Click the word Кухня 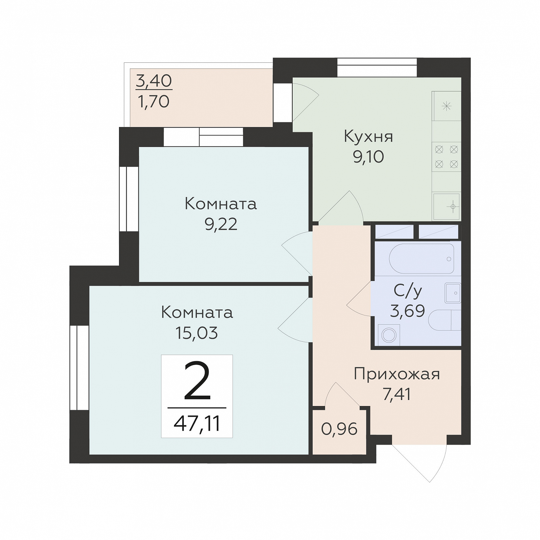pos(368,137)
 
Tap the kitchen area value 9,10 pos(368,157)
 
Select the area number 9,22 pos(221,225)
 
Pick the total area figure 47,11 pos(197,424)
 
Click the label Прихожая pos(397,374)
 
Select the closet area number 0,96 pos(339,429)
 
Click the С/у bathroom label pos(408,291)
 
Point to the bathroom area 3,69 pos(407,311)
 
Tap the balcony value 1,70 pos(154,102)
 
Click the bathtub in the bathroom pos(421,259)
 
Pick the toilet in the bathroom pos(444,320)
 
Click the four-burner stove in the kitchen pos(446,157)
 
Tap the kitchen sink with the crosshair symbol pos(447,206)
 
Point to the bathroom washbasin pos(453,293)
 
